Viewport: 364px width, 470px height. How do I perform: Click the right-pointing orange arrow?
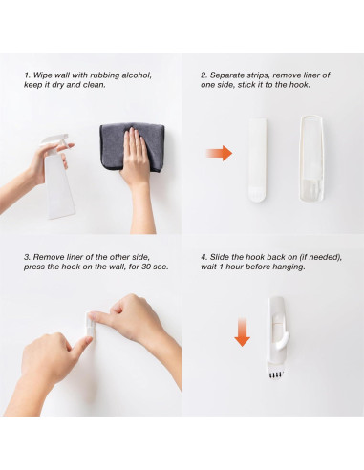pyautogui.click(x=219, y=154)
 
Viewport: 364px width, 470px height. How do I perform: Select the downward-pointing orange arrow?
pyautogui.click(x=242, y=331)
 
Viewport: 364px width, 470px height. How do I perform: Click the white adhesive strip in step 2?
pyautogui.click(x=257, y=160)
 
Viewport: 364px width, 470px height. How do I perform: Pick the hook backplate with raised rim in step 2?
pyautogui.click(x=311, y=159)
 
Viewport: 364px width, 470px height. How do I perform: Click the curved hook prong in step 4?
pyautogui.click(x=283, y=340)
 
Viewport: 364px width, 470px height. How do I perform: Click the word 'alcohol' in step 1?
pyautogui.click(x=137, y=75)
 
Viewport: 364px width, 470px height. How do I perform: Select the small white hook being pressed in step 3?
pyautogui.click(x=90, y=324)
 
